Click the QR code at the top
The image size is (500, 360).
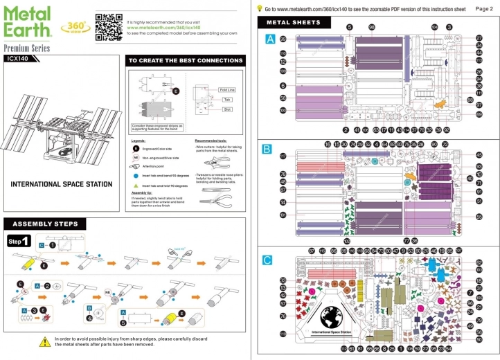point(108,26)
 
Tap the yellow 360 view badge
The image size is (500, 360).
point(74,27)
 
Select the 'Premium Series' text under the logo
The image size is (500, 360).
point(27,48)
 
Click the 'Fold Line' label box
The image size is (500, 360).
point(227,90)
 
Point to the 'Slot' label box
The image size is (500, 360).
point(226,109)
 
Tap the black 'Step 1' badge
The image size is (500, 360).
point(19,241)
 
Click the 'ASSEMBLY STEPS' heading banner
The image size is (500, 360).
point(46,224)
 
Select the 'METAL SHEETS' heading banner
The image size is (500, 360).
point(289,23)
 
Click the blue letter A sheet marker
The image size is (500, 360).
point(270,39)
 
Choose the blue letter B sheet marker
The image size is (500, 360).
point(267,148)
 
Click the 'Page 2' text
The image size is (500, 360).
point(485,8)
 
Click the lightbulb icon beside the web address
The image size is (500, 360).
point(259,8)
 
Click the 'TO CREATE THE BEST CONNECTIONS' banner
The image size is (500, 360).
point(185,61)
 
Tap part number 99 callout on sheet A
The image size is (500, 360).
point(283,39)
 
